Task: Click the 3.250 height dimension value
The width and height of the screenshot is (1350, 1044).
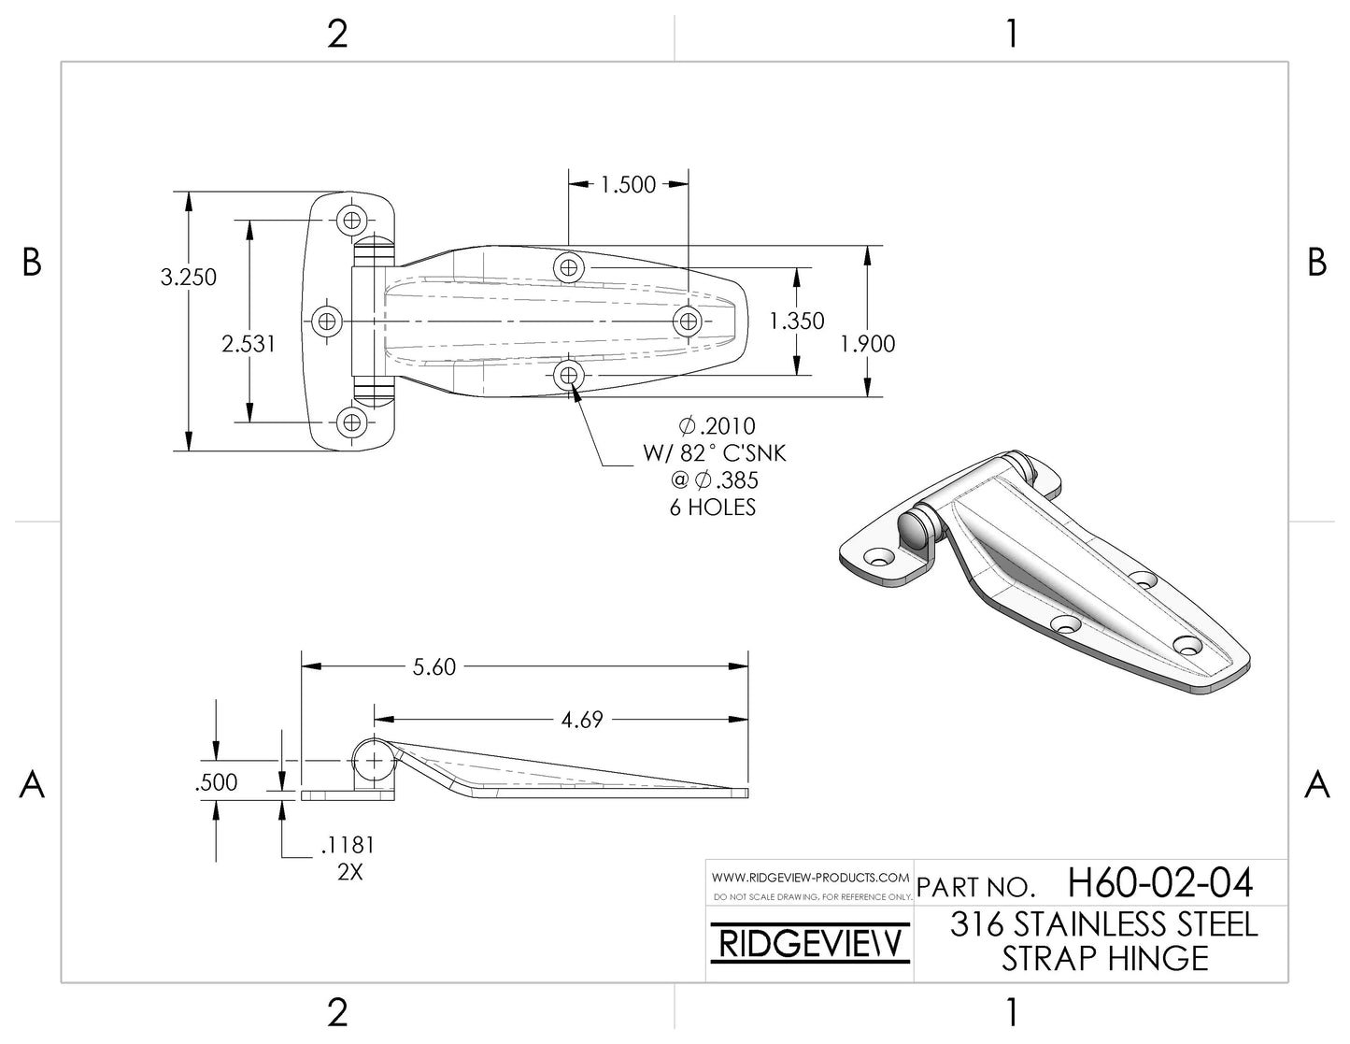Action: pos(189,278)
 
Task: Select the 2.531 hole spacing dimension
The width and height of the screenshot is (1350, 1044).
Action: pos(249,344)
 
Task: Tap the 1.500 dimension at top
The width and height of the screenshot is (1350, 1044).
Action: pos(628,185)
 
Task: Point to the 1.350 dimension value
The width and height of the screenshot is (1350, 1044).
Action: pos(797,322)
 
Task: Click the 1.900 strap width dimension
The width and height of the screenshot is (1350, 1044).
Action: pos(868,344)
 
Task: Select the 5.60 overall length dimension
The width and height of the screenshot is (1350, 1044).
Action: pos(434,666)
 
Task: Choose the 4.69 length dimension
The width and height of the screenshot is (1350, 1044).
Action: pos(582,720)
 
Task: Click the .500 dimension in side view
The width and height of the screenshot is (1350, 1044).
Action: pos(216,783)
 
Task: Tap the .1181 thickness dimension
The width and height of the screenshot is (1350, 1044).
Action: pos(347,845)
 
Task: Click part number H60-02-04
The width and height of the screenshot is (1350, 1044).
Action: pos(1159,882)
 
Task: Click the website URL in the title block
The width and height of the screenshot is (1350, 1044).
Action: pos(810,878)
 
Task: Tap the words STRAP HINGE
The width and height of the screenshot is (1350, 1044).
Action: pos(1105,959)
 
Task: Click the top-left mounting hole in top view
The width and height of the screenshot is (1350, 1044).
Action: pos(352,221)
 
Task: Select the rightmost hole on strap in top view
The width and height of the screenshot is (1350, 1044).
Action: pos(687,322)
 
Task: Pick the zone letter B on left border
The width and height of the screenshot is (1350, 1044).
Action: pos(32,263)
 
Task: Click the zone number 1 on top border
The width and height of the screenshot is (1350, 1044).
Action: pos(1012,35)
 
